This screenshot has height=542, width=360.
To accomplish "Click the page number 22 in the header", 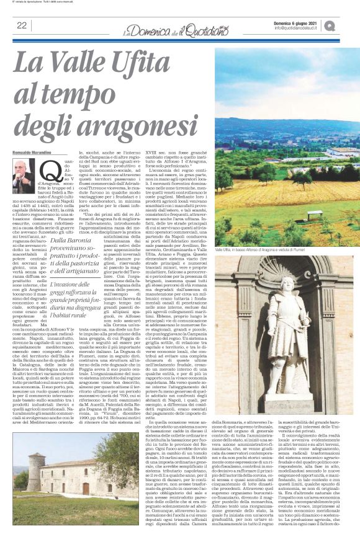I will tap(22, 25).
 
